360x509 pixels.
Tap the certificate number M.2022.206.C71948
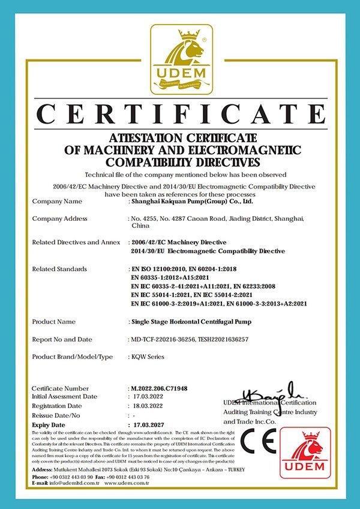pos(159,388)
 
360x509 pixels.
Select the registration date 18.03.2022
pos(148,406)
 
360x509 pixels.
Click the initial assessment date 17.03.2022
pos(148,397)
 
